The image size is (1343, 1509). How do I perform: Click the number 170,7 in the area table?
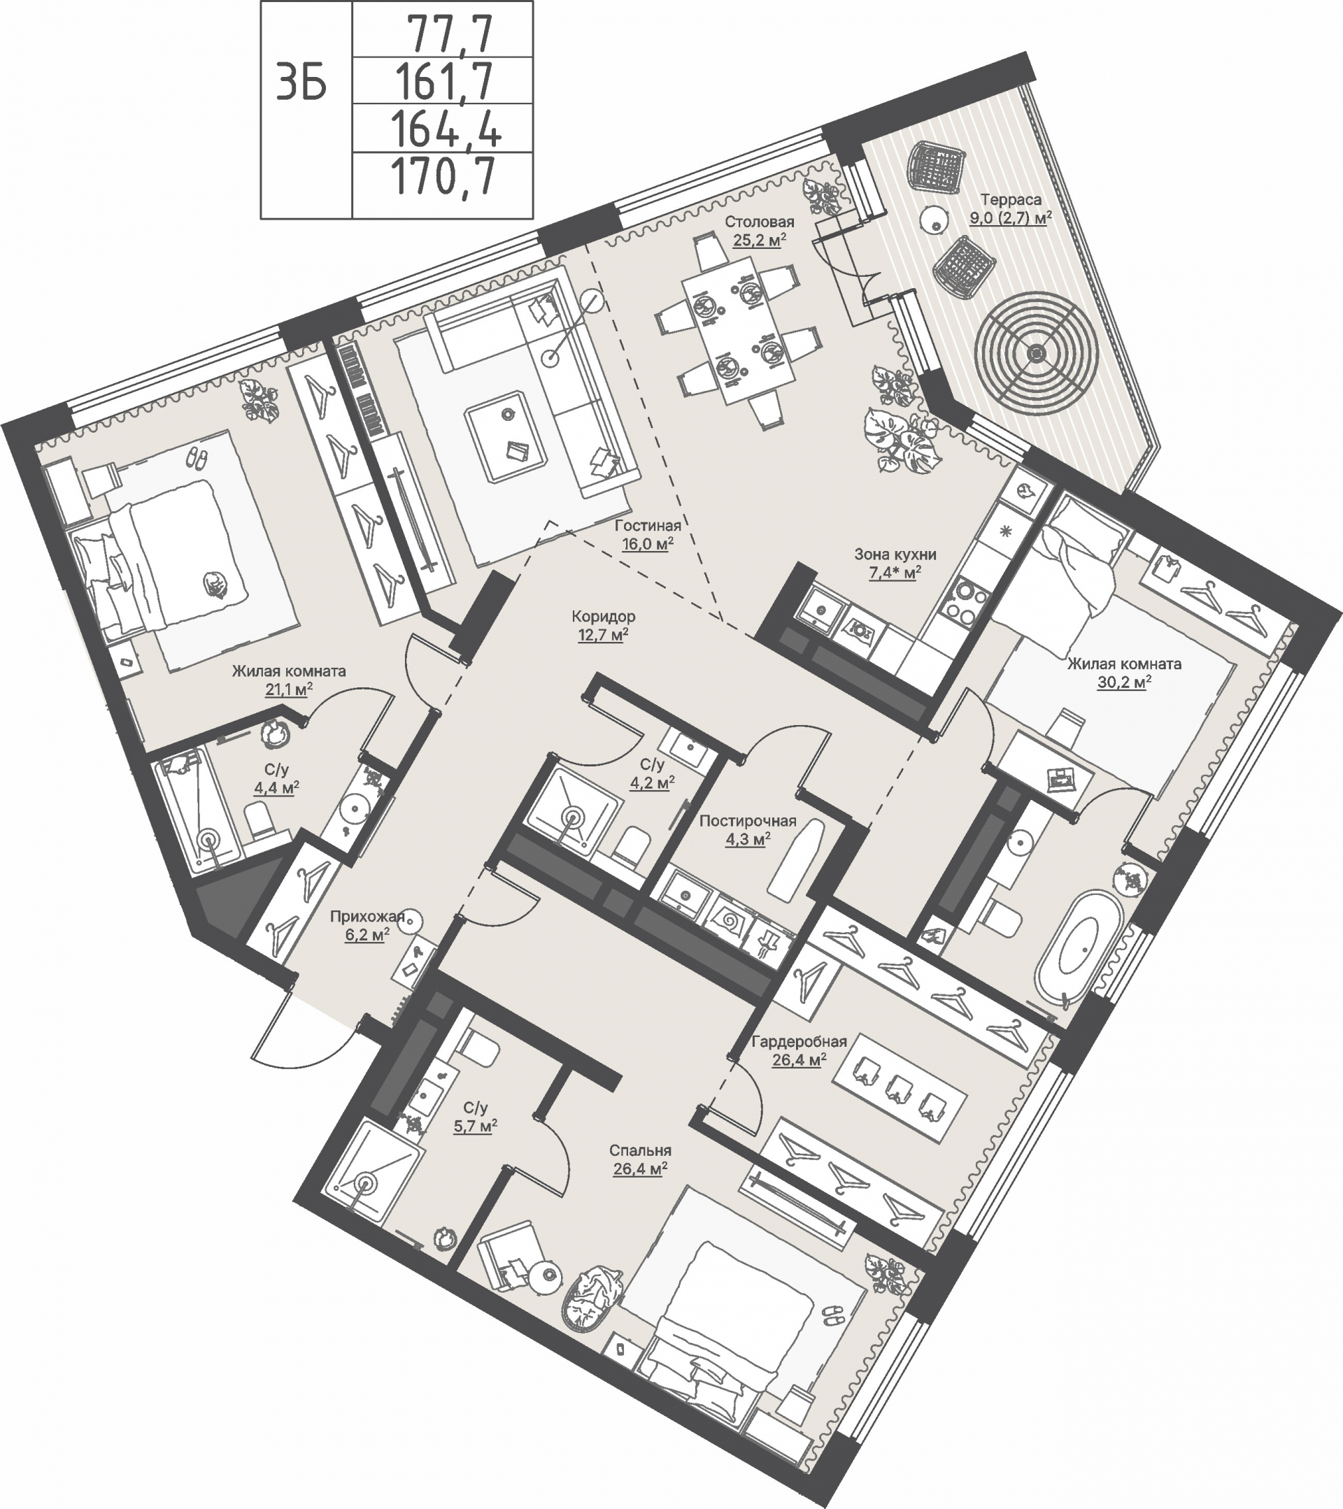(443, 177)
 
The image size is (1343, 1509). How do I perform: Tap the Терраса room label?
(1011, 199)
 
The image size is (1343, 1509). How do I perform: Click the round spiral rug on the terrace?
(1036, 353)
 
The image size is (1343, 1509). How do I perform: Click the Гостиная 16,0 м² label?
(647, 535)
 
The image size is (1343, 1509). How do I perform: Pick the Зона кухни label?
(895, 554)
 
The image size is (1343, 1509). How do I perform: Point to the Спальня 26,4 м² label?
(640, 1159)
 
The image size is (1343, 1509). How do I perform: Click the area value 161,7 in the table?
(443, 80)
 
